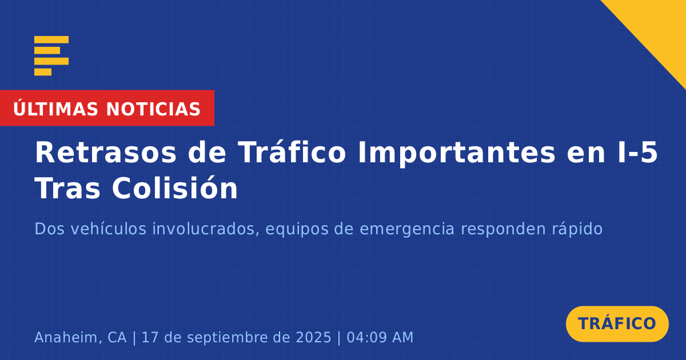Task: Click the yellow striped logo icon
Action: click(51, 56)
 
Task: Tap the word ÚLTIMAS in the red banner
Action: click(56, 109)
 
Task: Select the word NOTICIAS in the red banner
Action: click(153, 109)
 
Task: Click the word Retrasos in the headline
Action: click(106, 153)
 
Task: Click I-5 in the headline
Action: click(637, 153)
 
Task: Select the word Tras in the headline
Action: click(67, 188)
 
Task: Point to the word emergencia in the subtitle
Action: click(407, 230)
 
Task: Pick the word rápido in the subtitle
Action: click(577, 229)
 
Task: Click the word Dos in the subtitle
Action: click(50, 229)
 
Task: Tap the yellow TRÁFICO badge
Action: click(617, 324)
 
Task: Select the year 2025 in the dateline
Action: click(313, 337)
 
